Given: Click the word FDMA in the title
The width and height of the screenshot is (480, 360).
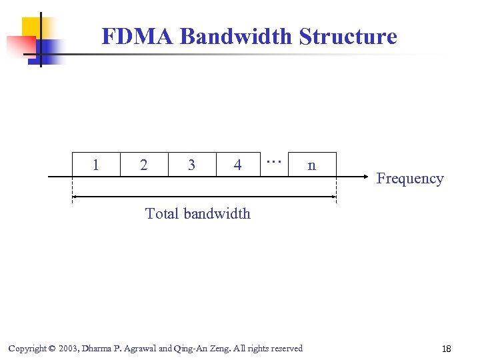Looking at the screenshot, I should point(138,36).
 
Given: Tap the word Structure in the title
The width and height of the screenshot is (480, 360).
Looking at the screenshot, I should point(348,36).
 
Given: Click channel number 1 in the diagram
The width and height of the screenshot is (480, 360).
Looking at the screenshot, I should point(96,165).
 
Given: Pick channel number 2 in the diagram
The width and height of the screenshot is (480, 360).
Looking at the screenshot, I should point(144,165).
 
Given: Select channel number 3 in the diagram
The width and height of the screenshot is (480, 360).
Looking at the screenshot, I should point(192,165).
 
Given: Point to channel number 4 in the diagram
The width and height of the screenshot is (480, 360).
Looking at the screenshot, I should point(238,165).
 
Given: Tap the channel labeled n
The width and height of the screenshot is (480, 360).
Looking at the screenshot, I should point(311,165).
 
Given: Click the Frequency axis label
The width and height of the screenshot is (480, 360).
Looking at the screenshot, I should point(409,179).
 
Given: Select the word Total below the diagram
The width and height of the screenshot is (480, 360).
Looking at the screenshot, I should point(163,214).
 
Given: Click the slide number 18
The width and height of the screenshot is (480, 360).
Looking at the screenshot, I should point(446,349).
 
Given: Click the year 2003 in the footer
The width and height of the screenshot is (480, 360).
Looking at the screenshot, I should point(68,349).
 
